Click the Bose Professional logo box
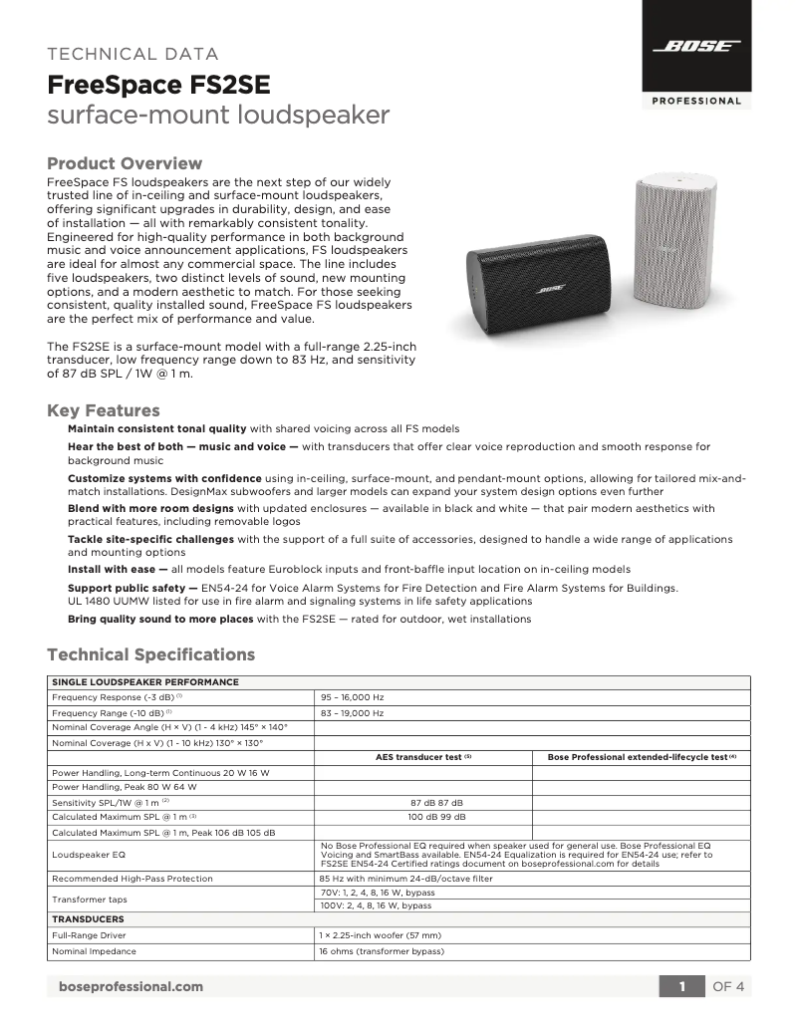[696, 55]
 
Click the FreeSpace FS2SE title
[158, 84]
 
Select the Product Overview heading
[125, 163]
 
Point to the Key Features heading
[104, 410]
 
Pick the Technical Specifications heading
[151, 654]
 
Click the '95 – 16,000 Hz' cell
[352, 698]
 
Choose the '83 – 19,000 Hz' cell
[352, 713]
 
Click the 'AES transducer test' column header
[422, 757]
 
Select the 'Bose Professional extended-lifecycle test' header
[641, 757]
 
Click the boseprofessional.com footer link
[132, 986]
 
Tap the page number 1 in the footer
[682, 986]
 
